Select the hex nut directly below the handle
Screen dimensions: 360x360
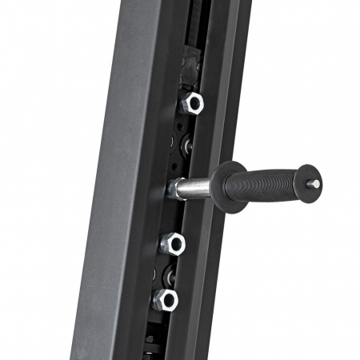coord(172,243)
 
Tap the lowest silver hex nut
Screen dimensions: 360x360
coord(165,300)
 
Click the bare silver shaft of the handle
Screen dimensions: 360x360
coord(196,189)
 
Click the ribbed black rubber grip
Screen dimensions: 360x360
coord(268,185)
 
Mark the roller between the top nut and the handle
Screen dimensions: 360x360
coord(184,146)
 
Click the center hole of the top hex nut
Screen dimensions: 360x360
coord(191,102)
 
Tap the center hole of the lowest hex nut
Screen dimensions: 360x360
coord(166,300)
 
